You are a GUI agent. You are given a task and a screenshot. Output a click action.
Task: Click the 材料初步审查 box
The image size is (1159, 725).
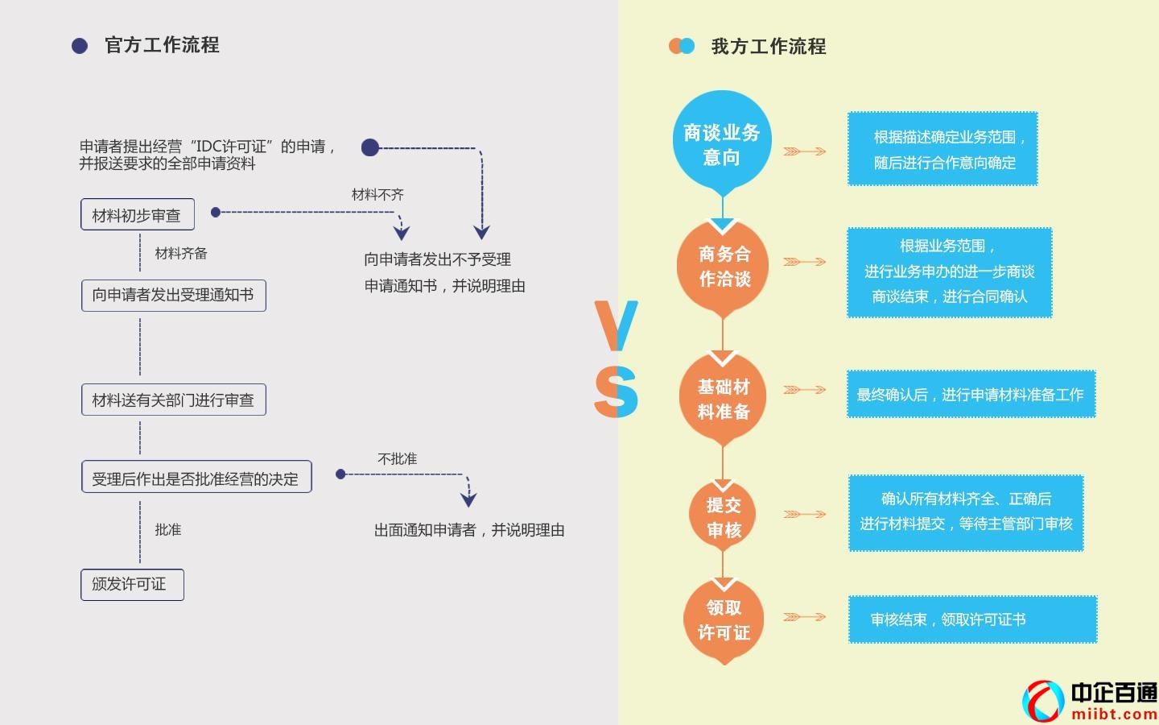138,214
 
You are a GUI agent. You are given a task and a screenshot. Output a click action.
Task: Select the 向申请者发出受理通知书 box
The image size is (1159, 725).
173,296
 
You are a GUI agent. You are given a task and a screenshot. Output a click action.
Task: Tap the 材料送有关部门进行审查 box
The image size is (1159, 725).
173,400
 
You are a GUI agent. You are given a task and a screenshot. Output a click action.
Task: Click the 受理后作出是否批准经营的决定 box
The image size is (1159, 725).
196,477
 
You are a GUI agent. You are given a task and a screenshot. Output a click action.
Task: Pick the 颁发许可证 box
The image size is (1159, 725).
132,585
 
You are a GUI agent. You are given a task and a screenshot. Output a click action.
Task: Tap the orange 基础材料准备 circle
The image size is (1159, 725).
723,398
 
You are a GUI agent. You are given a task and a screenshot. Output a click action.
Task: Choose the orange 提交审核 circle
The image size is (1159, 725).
723,516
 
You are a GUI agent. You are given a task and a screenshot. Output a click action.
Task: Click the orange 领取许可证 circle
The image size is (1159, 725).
723,619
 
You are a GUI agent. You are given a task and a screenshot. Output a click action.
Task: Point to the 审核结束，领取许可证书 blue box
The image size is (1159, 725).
972,619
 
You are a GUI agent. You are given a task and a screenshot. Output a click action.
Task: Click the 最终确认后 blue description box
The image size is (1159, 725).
971,395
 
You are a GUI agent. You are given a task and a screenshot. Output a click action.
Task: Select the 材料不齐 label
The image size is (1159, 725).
377,195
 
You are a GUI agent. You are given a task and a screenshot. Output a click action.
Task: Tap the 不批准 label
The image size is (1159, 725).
397,459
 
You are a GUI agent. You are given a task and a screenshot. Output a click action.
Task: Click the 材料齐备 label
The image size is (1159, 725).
181,254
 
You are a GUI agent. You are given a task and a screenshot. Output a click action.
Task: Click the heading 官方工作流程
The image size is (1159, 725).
162,45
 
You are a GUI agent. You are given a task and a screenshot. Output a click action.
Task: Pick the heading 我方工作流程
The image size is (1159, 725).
769,47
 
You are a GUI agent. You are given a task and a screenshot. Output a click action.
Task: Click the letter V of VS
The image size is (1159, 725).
616,325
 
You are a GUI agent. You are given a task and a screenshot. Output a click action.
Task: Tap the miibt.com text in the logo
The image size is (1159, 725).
1114,714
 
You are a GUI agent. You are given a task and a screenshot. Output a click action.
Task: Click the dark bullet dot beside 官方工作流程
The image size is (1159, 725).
80,46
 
